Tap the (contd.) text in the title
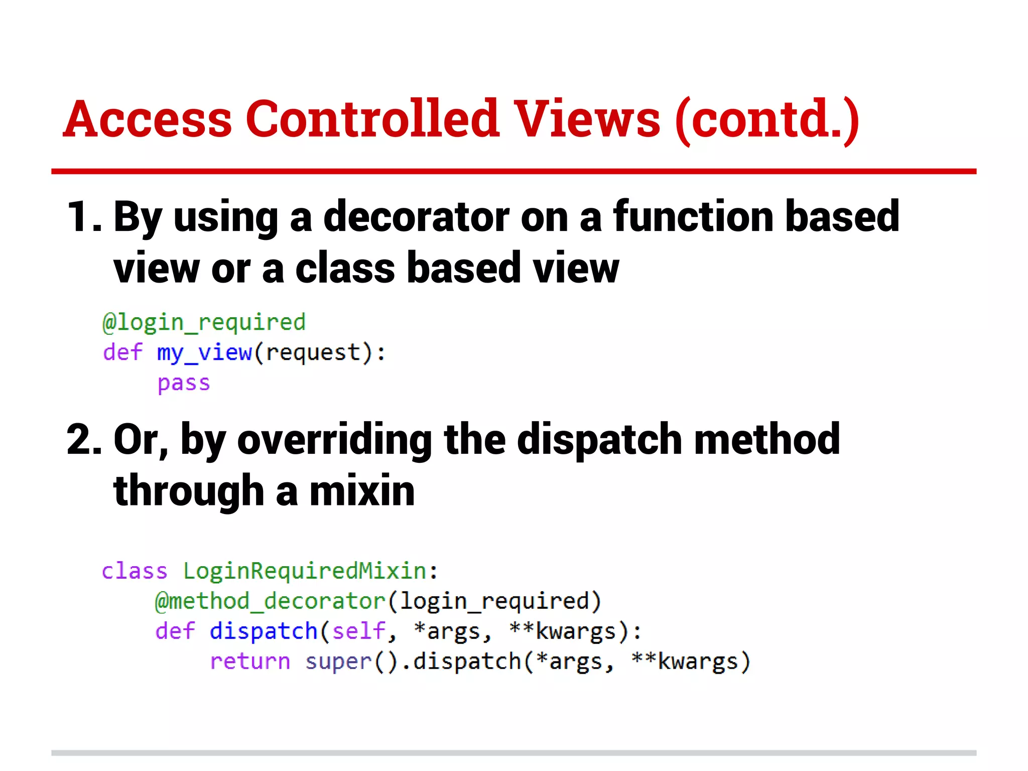[x=767, y=120]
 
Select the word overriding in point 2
[x=334, y=440]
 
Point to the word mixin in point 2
[x=362, y=491]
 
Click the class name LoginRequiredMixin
[x=305, y=571]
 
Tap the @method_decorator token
[x=270, y=601]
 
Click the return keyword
[x=250, y=662]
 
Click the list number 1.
[x=83, y=217]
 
